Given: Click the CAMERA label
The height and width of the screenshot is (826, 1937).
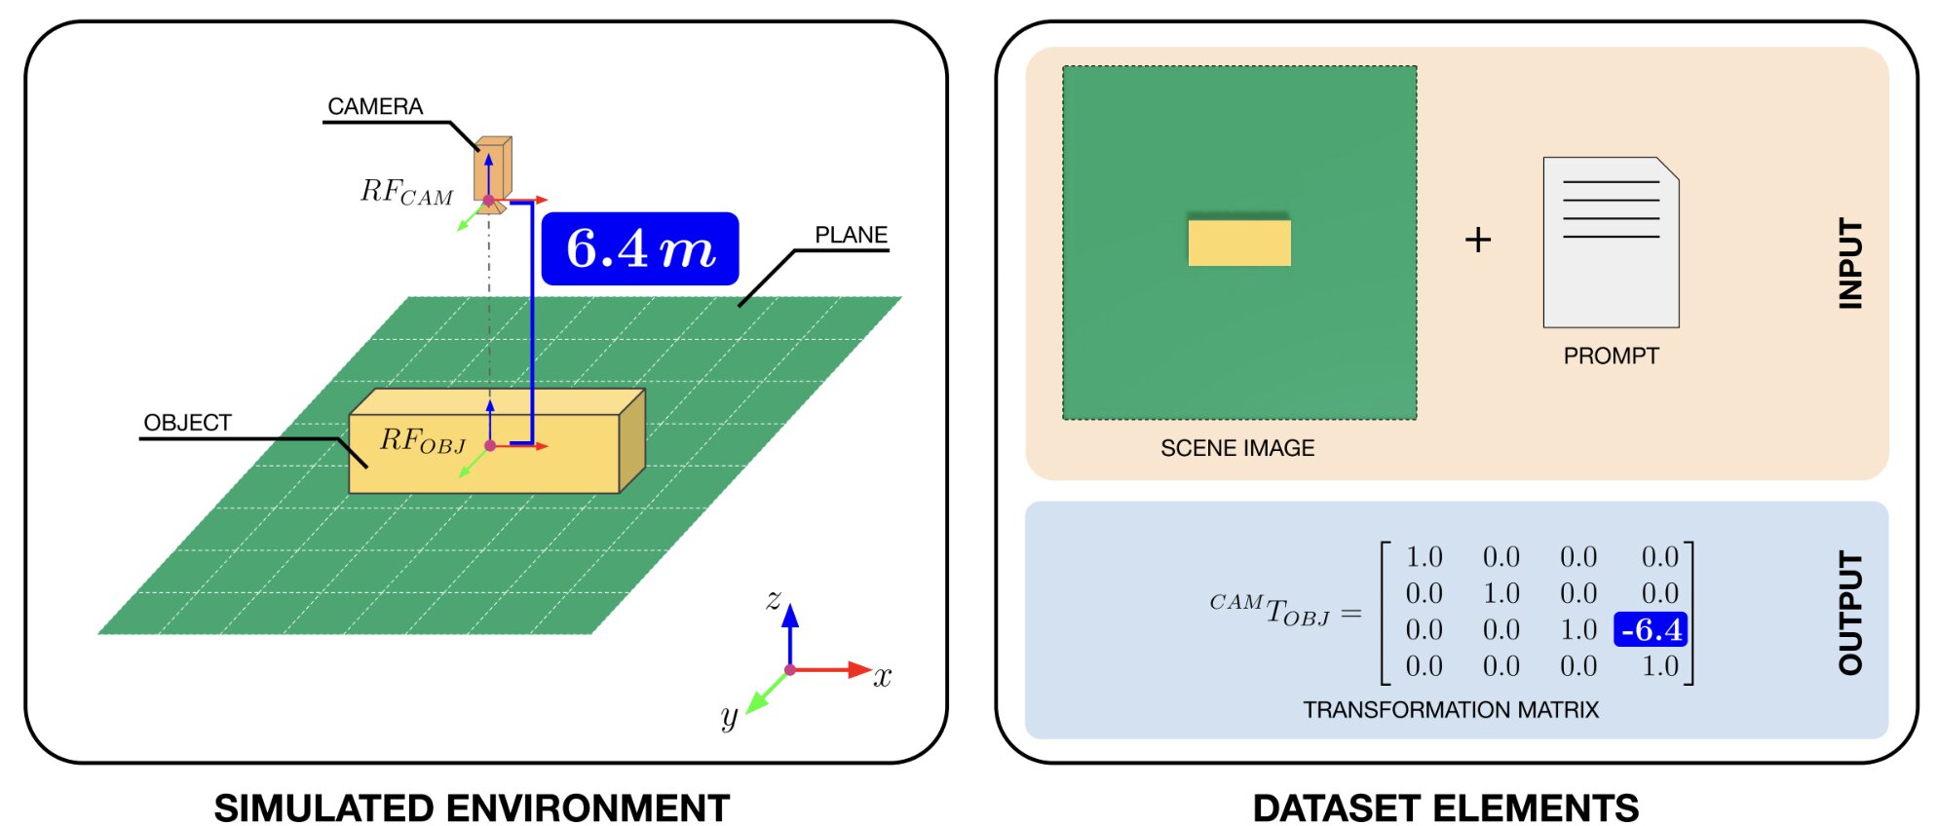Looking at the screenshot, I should (x=375, y=106).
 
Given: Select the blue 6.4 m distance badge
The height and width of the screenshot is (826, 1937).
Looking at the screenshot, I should (x=640, y=248).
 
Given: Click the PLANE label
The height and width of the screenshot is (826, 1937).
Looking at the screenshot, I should (x=851, y=235).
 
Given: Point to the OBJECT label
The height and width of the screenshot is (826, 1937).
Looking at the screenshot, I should (x=187, y=423).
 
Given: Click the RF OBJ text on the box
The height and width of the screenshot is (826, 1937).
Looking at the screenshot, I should (x=422, y=441).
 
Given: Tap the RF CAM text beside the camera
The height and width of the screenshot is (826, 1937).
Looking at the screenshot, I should (x=406, y=192).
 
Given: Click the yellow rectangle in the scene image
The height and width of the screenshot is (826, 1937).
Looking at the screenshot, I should (x=1239, y=242).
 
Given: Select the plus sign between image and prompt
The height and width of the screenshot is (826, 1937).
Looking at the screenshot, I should (x=1478, y=240).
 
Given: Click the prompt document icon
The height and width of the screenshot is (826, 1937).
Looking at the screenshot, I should (x=1611, y=243).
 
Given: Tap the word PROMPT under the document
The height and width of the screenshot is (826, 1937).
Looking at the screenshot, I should (x=1611, y=357).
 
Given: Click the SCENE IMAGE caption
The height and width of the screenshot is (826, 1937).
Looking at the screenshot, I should (x=1237, y=448).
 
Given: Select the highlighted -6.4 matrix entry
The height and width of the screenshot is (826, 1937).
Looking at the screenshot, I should (x=1652, y=630).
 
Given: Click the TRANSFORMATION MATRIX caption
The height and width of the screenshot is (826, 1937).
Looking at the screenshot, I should (x=1451, y=710).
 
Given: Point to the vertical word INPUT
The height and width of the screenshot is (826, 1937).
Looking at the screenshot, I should (x=1849, y=263).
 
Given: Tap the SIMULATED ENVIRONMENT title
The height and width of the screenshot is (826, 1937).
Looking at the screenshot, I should (x=472, y=807).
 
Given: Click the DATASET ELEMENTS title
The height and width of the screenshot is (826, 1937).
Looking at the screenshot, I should (x=1446, y=807).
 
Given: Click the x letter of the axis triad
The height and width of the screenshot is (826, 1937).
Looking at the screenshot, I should (x=883, y=677).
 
